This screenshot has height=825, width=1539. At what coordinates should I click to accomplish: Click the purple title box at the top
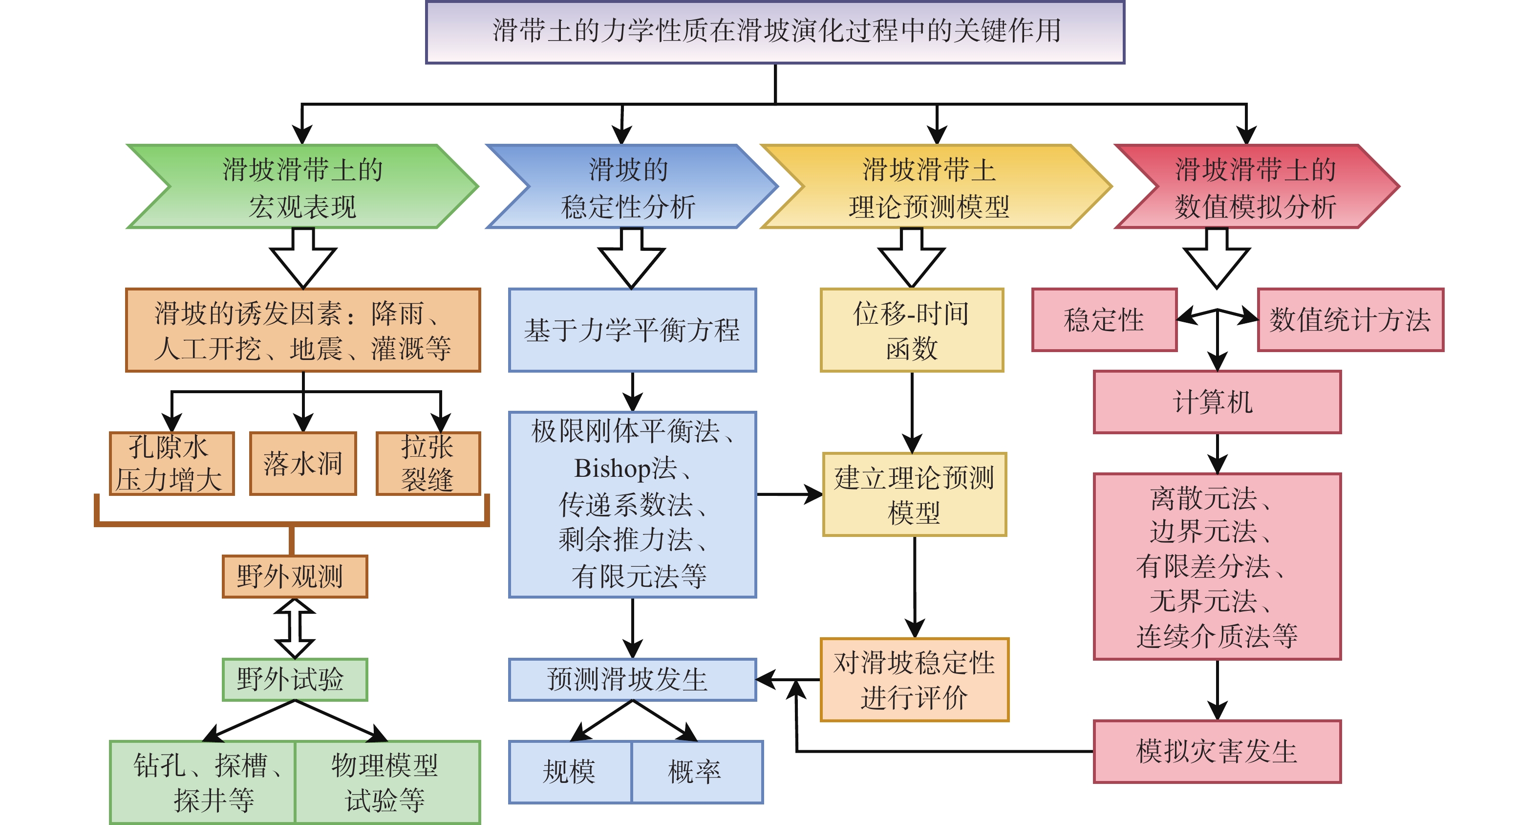[x=775, y=32]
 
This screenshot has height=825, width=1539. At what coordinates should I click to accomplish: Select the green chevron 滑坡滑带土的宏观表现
[x=302, y=186]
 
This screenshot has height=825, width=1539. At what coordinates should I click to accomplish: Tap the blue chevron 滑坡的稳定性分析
[x=628, y=186]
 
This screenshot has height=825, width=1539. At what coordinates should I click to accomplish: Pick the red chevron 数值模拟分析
[x=1255, y=186]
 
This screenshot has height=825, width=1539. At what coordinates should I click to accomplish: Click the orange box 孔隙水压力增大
[x=171, y=463]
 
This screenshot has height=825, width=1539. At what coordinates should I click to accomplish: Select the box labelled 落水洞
[x=303, y=463]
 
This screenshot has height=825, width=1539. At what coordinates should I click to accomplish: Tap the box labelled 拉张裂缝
[x=428, y=463]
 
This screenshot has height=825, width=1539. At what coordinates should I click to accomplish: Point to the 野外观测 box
[x=295, y=576]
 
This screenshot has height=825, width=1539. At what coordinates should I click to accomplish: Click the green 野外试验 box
[x=295, y=680]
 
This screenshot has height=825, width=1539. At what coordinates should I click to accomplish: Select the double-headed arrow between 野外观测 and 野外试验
[x=295, y=628]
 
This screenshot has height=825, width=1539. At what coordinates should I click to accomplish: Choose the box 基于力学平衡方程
[x=632, y=330]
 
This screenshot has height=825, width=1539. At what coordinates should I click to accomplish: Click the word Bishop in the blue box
[x=612, y=468]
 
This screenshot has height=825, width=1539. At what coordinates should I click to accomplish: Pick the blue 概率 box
[x=697, y=772]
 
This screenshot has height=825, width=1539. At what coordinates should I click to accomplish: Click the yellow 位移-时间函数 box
[x=912, y=330]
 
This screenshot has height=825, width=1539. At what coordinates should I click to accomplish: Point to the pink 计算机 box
[x=1217, y=401]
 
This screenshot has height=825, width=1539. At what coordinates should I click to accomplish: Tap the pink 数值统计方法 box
[x=1350, y=320]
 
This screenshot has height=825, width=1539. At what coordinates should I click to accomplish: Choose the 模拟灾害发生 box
[x=1217, y=752]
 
